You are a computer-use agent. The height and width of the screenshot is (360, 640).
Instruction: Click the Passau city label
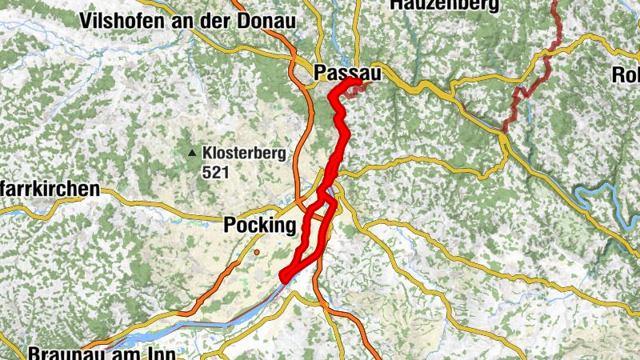pyautogui.click(x=346, y=71)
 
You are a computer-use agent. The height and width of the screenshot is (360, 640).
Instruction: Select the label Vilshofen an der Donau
pyautogui.click(x=188, y=21)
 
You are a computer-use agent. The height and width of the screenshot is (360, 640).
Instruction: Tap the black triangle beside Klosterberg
pyautogui.click(x=192, y=153)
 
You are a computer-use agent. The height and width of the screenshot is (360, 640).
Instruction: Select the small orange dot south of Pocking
pyautogui.click(x=258, y=253)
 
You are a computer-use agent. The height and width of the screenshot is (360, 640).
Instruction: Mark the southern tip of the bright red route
pyautogui.click(x=284, y=277)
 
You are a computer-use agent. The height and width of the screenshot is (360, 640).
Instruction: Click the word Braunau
pyautogui.click(x=61, y=352)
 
